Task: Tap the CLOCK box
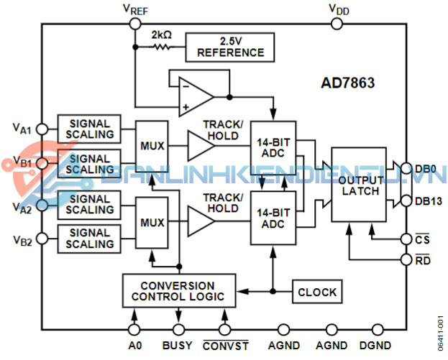click(316, 292)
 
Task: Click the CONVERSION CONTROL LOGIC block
click(178, 291)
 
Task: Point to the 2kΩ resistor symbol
click(162, 47)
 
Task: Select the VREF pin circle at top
click(134, 23)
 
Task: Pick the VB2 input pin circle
click(42, 239)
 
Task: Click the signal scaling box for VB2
click(89, 239)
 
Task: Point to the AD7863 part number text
click(347, 83)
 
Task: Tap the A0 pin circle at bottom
click(134, 330)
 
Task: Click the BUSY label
click(178, 346)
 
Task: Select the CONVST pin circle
click(225, 330)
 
